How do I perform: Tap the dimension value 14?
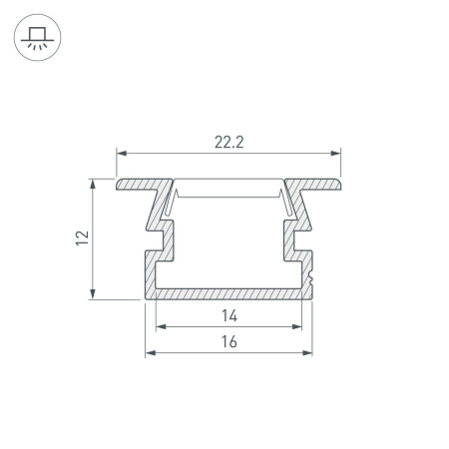tap(228, 316)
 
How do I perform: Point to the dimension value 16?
tap(228, 342)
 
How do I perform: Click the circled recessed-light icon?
tap(38, 38)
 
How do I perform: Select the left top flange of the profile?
tap(140, 185)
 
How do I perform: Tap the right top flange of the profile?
tap(317, 185)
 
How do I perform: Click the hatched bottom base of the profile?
tap(228, 293)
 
